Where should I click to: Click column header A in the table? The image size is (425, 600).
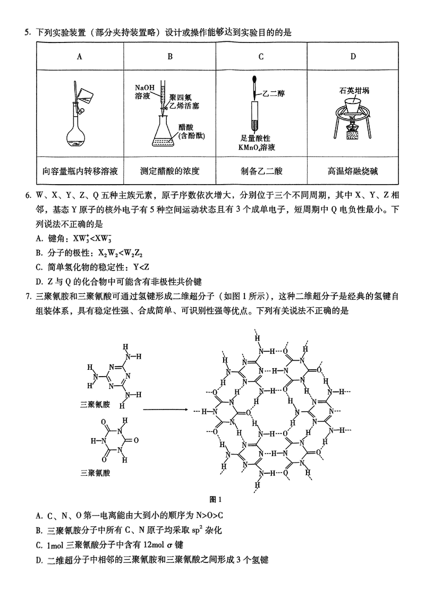coord(79,57)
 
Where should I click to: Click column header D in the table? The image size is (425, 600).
coord(353,57)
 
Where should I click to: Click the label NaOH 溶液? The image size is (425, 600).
coord(144,92)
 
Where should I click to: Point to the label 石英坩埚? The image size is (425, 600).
coord(354,91)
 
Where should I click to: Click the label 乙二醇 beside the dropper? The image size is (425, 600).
coord(274,93)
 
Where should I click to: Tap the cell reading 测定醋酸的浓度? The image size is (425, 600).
coord(170,171)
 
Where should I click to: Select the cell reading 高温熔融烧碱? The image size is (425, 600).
coord(353,171)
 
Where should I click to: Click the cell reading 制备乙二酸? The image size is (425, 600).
coord(261,171)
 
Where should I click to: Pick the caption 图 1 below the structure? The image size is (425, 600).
coord(216,499)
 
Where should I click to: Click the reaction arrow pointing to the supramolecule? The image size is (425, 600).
coord(165,410)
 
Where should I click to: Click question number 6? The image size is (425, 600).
coord(27,196)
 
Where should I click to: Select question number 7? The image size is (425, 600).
coord(27,296)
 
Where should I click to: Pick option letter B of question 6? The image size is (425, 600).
coord(39,254)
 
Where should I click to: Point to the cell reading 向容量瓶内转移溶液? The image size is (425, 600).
coord(80,171)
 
